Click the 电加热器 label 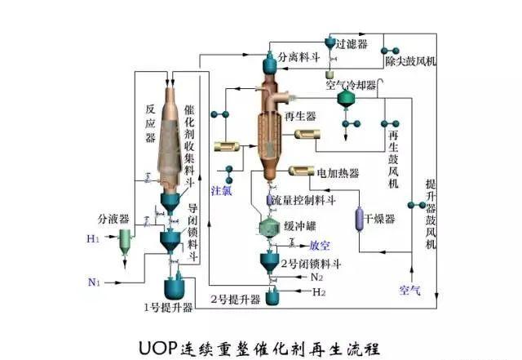pyautogui.click(x=336, y=173)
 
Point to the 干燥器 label pyautogui.click(x=379, y=219)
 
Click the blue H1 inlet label pyautogui.click(x=93, y=239)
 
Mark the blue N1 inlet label pyautogui.click(x=94, y=282)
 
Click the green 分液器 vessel pyautogui.click(x=125, y=240)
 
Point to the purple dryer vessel pyautogui.click(x=358, y=219)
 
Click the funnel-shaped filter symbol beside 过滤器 pyautogui.click(x=328, y=43)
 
